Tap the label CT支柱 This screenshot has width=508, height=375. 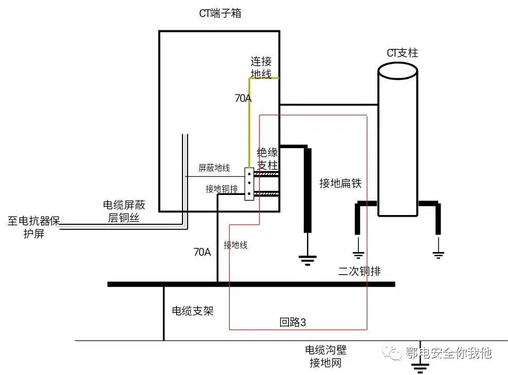coord(402,53)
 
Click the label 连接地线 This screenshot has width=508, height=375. coord(261,67)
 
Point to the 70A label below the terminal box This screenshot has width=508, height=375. coord(202,252)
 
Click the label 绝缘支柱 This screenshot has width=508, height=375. coord(267,159)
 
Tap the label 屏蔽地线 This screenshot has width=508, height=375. coord(214,168)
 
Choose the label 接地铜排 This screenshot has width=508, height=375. coord(222,189)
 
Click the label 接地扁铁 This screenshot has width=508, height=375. coord(340,184)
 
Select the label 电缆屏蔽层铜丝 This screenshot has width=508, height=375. coord(124,211)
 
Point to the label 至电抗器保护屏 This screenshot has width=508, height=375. coord(34,227)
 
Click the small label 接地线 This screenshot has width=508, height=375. coord(235,245)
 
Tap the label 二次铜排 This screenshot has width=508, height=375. coord(359,272)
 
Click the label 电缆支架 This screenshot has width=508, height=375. coord(192,311)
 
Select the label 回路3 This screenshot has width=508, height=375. coord(293,323)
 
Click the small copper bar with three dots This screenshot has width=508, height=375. coord(249,184)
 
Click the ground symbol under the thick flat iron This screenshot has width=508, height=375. coord(307,260)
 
